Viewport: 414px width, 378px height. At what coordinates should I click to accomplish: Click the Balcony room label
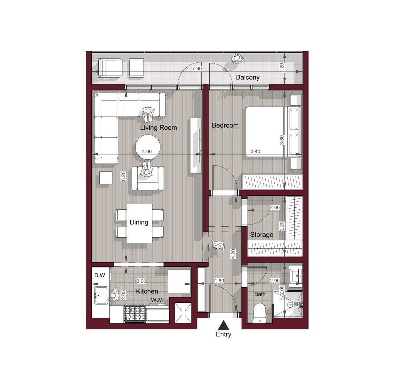[248, 77]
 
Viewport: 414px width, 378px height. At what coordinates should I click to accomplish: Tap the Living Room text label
[158, 128]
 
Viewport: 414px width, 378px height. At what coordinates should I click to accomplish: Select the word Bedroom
[225, 125]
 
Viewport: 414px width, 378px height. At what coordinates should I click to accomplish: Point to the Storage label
[262, 235]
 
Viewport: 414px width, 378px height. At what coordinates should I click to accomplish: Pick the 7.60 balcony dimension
[197, 69]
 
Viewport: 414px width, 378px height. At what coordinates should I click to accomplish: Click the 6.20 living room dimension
[124, 176]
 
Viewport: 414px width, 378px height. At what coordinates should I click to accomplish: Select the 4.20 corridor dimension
[233, 254]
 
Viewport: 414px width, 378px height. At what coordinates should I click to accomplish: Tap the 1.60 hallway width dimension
[219, 281]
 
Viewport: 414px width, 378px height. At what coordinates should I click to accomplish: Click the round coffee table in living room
[148, 147]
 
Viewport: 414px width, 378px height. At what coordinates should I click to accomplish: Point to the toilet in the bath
[260, 313]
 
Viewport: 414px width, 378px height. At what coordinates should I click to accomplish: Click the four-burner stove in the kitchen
[135, 313]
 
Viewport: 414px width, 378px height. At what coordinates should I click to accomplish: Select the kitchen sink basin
[101, 296]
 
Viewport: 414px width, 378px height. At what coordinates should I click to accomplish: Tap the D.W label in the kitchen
[100, 275]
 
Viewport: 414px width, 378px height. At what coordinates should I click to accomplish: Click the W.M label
[157, 300]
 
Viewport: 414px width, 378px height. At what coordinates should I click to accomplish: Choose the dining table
[139, 223]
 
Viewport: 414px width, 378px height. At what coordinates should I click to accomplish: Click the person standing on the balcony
[238, 58]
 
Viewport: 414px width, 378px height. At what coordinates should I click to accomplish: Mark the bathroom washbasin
[295, 276]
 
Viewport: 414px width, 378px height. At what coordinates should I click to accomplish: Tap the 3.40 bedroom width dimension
[255, 151]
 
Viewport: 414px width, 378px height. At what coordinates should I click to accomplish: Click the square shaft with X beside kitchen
[183, 313]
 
